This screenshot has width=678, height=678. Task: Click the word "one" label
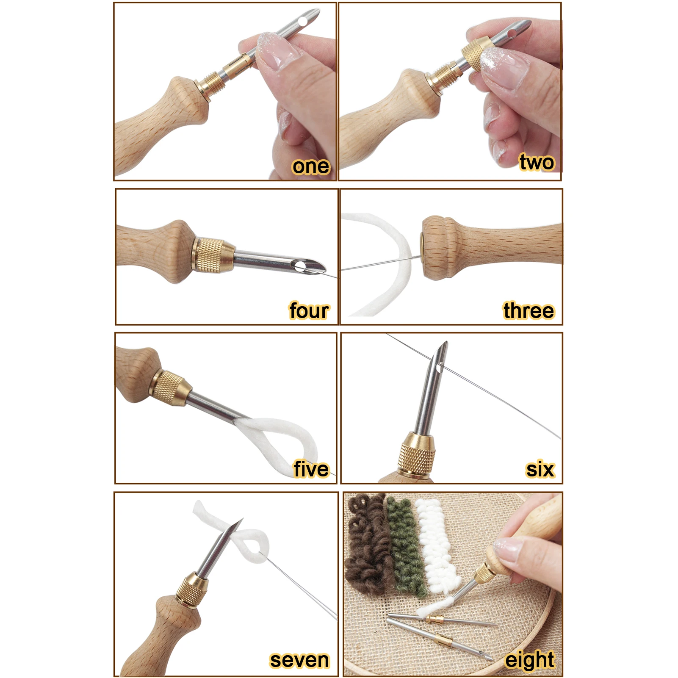(x=310, y=166)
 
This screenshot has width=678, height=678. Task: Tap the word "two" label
(x=537, y=163)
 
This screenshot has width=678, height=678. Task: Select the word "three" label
(x=529, y=311)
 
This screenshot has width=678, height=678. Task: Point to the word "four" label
(x=309, y=311)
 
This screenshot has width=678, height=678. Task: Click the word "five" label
(x=311, y=469)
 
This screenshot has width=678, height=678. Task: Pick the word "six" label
(x=540, y=469)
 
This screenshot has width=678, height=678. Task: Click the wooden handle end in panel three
(x=436, y=248)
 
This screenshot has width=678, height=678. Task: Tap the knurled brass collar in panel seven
(x=192, y=589)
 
